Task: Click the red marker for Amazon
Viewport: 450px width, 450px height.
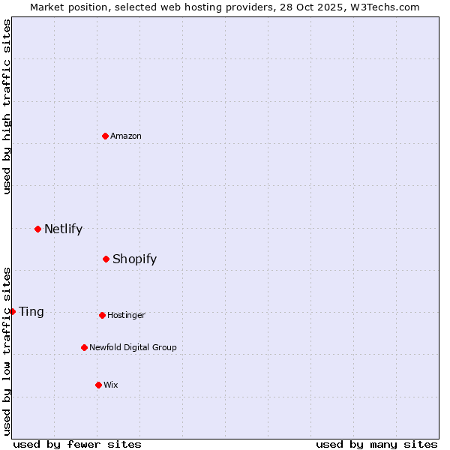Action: pos(106,136)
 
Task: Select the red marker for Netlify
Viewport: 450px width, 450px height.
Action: pos(37,229)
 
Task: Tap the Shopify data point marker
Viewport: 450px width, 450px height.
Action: pos(106,259)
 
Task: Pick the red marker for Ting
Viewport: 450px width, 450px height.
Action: pos(13,311)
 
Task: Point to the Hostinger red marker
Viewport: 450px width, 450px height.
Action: pos(102,315)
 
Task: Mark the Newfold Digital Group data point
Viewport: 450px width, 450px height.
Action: pos(84,347)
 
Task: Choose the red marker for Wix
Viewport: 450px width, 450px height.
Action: pos(98,385)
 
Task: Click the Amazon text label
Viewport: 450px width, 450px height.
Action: pos(126,136)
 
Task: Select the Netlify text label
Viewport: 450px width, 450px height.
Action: pos(63,229)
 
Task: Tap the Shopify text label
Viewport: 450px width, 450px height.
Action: pos(134,259)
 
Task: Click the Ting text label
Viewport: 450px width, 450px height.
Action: pos(31,311)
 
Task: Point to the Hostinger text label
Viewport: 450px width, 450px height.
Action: pos(126,315)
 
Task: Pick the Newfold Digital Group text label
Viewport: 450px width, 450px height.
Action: pos(133,347)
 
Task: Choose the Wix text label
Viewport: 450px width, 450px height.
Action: pos(111,385)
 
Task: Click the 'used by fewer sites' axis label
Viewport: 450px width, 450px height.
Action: pos(77,444)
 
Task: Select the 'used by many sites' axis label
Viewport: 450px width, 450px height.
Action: pos(376,444)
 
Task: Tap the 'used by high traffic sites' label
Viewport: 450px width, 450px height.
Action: pos(7,106)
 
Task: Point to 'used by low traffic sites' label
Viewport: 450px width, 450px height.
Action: pos(7,351)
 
